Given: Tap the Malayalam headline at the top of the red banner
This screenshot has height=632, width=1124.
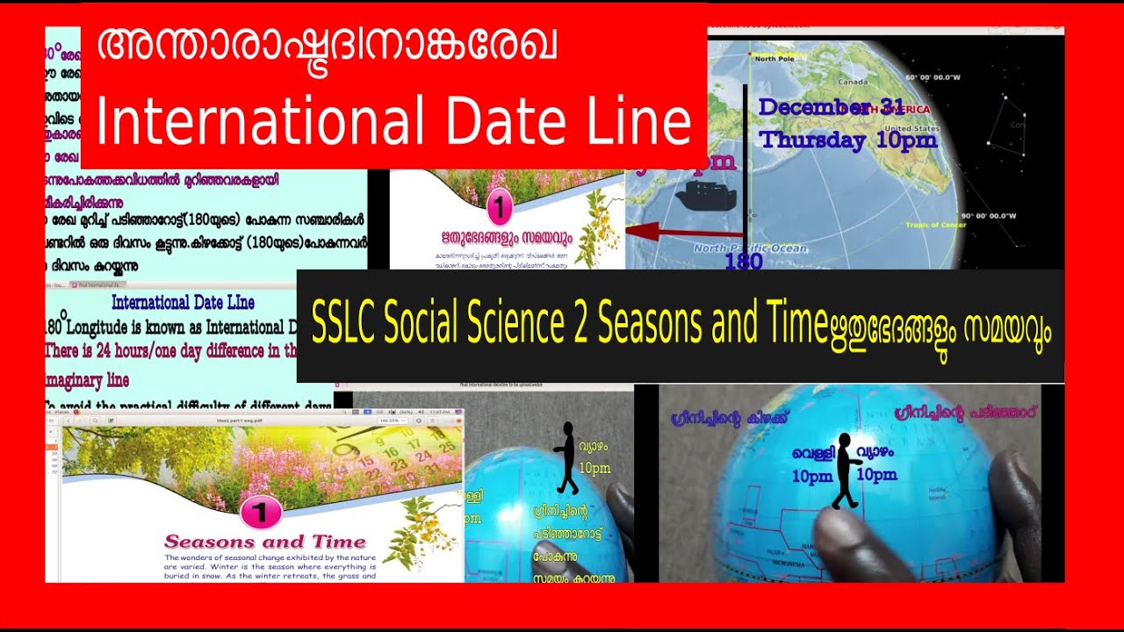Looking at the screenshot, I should [x=327, y=50].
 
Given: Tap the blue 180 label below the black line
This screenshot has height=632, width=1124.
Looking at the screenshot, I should [x=743, y=262].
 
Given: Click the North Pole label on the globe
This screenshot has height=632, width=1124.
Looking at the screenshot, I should [x=774, y=59].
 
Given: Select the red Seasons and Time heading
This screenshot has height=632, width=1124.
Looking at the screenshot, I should [x=252, y=542].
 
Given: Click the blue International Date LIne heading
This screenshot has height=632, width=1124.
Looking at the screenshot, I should [x=183, y=303].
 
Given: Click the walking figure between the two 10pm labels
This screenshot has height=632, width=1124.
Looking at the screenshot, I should [x=846, y=470].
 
